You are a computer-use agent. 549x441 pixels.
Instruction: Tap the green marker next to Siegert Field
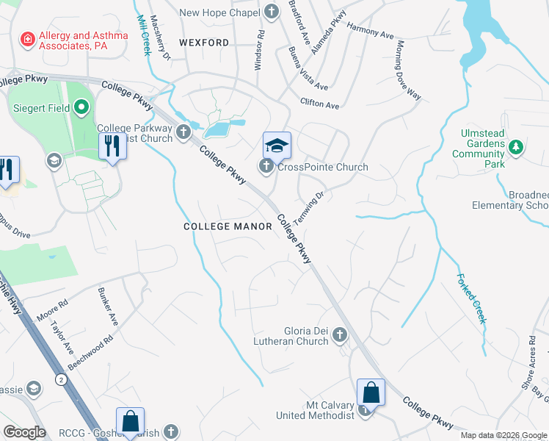81,109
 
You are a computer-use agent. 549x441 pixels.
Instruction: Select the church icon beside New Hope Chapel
272,12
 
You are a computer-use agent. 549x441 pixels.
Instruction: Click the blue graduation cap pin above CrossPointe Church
277,145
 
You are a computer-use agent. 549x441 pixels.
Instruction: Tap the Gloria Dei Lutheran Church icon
339,336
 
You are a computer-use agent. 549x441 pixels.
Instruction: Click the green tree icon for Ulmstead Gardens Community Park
516,148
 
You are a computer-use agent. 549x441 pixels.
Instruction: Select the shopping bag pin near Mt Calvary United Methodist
371,392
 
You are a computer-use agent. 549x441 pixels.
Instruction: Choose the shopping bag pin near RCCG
130,422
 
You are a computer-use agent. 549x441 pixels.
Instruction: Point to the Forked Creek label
471,298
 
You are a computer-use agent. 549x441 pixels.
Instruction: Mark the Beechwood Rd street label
90,354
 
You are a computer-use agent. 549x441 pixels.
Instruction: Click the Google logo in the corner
24,432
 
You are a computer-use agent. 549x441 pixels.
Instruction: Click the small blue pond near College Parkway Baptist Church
217,131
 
